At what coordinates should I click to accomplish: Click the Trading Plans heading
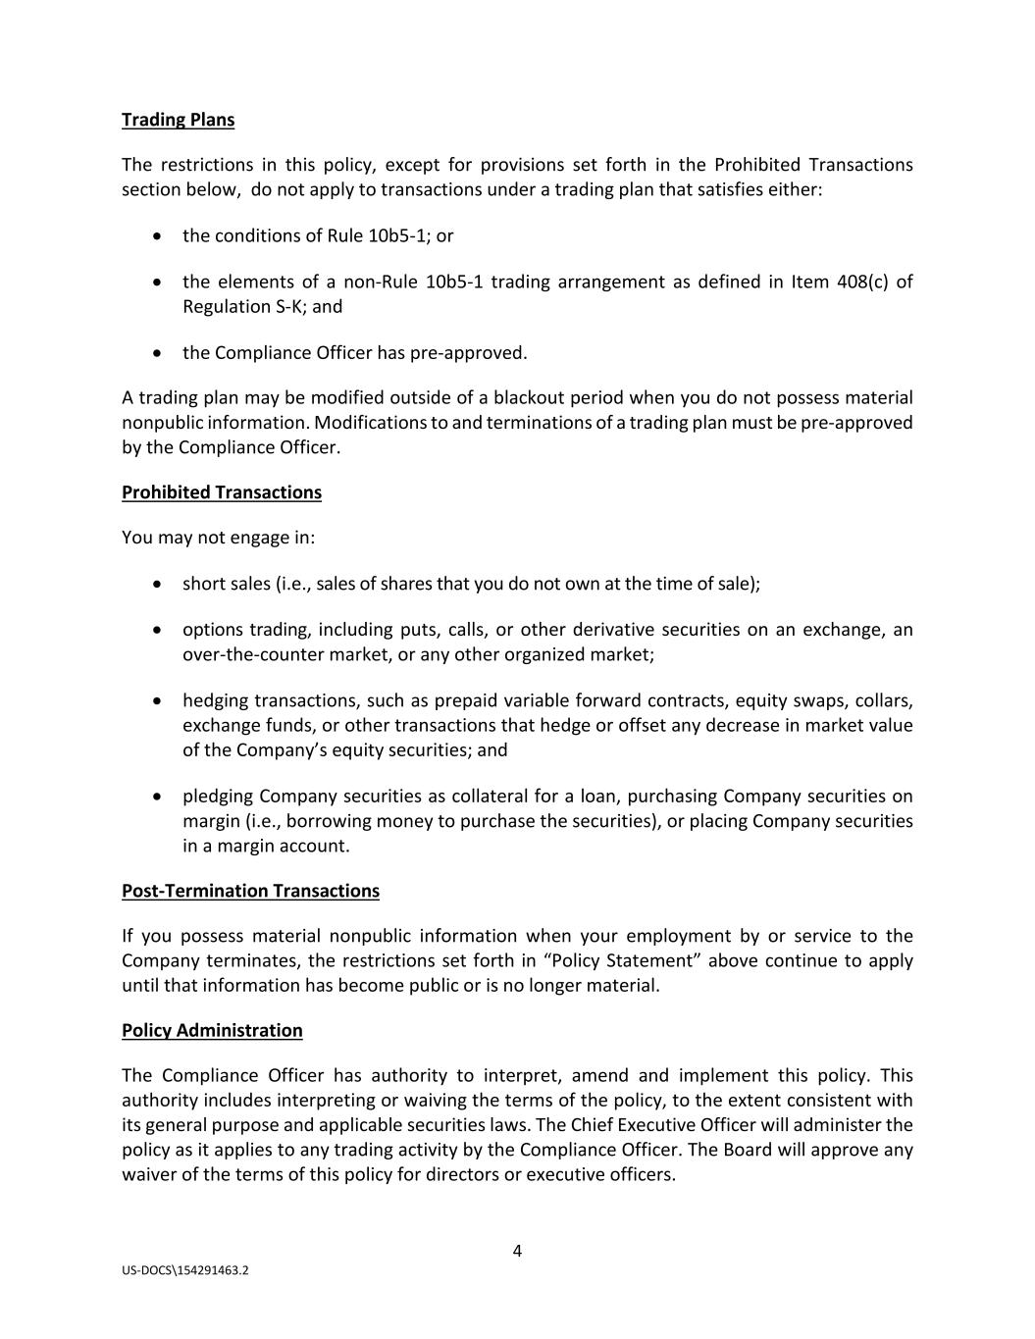click(178, 120)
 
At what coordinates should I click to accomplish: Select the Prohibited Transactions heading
click(221, 492)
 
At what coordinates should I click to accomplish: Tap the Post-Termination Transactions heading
click(250, 891)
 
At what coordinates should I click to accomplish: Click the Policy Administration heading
click(212, 1030)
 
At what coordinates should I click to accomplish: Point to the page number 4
click(517, 1251)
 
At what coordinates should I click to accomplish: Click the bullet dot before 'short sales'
click(158, 584)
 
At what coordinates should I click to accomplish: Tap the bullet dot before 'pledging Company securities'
click(158, 797)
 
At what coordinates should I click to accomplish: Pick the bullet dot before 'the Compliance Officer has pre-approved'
click(158, 353)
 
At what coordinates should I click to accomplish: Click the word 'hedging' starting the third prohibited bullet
click(215, 701)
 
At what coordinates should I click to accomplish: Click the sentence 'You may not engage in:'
click(218, 538)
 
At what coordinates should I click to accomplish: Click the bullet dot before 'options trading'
click(158, 630)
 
